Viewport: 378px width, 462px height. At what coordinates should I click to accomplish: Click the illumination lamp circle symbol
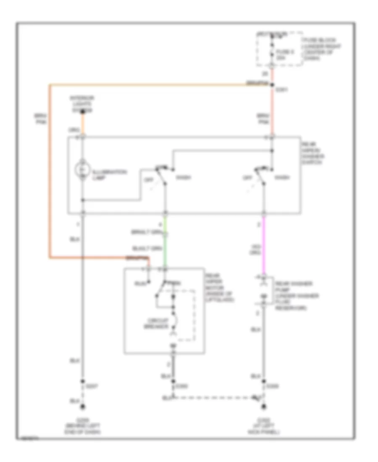83,170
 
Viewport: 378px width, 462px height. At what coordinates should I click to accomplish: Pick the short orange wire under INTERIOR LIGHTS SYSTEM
83,123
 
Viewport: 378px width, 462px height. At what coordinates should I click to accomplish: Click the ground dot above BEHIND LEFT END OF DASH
83,407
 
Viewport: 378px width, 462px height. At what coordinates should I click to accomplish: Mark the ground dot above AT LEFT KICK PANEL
264,407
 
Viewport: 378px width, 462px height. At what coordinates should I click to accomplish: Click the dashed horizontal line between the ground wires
214,396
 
